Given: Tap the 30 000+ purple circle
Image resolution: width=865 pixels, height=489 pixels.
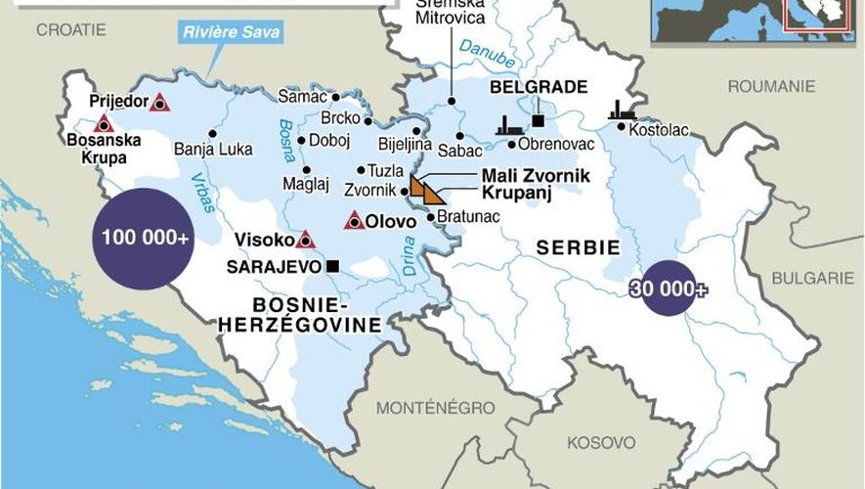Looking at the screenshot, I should click(x=670, y=288).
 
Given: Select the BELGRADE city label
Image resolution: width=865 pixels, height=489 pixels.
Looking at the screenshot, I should click(x=538, y=87).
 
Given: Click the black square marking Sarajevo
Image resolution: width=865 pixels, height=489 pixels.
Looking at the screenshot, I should click(x=333, y=265).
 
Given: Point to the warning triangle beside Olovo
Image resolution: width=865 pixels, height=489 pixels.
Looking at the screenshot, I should click(x=354, y=222).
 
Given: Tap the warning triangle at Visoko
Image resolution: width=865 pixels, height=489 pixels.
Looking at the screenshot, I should click(x=305, y=239).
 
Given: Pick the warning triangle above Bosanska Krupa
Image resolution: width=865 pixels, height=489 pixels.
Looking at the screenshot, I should click(x=103, y=123).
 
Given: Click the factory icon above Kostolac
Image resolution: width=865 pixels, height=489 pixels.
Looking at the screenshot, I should click(x=621, y=111).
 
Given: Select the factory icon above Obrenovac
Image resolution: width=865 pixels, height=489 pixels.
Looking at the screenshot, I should click(x=505, y=124).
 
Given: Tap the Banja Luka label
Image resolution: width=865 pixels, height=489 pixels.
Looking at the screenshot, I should click(x=212, y=150).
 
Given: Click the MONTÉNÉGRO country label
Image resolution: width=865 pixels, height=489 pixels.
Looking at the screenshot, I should click(x=422, y=406).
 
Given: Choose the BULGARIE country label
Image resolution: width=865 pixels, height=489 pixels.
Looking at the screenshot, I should click(x=811, y=278).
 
